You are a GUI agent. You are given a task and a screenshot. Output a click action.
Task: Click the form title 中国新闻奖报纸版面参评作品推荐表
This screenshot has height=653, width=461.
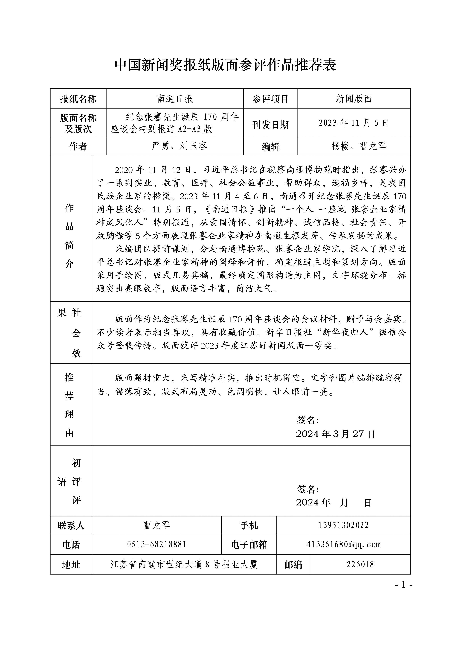pyautogui.click(x=225, y=65)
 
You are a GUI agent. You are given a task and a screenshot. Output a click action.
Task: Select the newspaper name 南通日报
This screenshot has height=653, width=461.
pyautogui.click(x=175, y=99)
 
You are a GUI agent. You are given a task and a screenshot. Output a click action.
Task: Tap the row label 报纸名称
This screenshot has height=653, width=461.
pyautogui.click(x=78, y=99)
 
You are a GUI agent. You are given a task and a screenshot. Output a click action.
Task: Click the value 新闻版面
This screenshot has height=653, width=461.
pyautogui.click(x=354, y=99)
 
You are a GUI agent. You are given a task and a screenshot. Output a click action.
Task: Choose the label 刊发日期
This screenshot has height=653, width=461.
pyautogui.click(x=270, y=125)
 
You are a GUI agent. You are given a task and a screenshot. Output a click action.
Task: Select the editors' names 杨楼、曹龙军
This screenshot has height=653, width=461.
pyautogui.click(x=359, y=146)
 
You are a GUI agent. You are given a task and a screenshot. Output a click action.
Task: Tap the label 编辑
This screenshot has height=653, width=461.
pyautogui.click(x=270, y=147)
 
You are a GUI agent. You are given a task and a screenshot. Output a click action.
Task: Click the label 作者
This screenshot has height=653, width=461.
pyautogui.click(x=78, y=146)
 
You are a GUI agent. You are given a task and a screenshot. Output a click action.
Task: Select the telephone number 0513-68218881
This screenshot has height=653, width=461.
pyautogui.click(x=157, y=544)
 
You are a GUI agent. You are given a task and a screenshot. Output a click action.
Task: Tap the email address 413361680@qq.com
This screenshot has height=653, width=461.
pyautogui.click(x=343, y=544)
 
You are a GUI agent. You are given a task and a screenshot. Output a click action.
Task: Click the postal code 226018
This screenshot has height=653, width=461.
pyautogui.click(x=360, y=564)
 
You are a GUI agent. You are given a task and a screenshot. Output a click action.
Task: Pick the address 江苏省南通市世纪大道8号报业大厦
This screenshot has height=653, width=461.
pyautogui.click(x=184, y=564)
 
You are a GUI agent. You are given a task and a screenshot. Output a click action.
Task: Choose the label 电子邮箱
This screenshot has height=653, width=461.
pyautogui.click(x=249, y=545)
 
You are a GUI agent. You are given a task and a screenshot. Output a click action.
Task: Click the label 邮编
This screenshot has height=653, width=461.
pyautogui.click(x=293, y=565)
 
